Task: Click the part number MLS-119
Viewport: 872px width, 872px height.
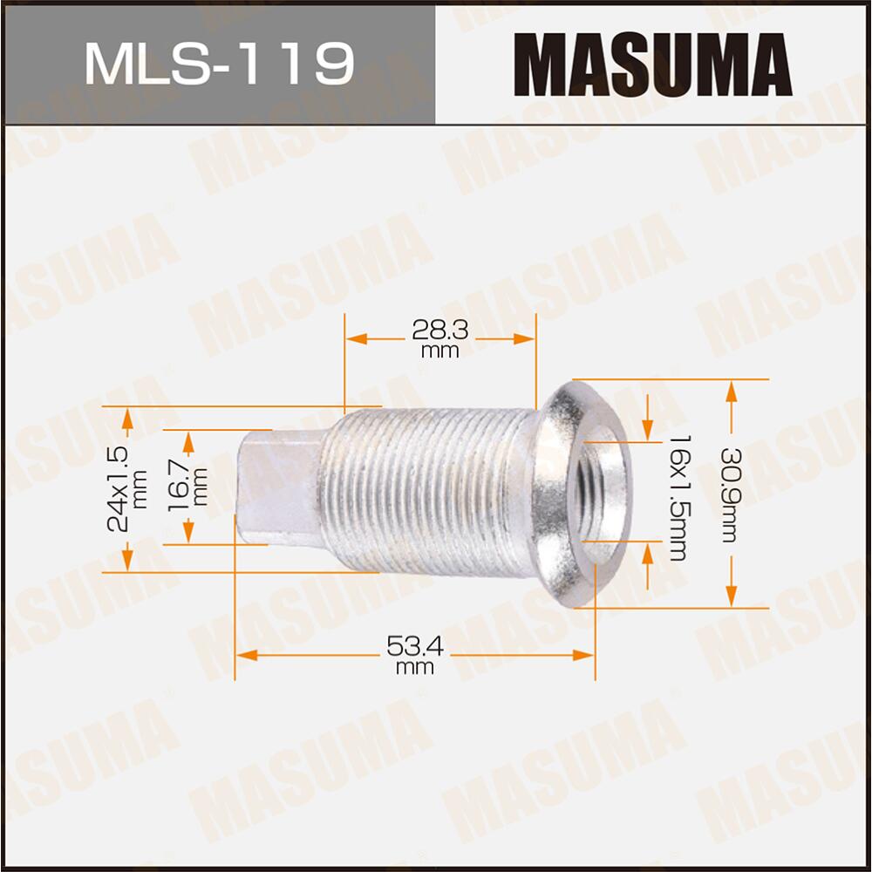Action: pyautogui.click(x=218, y=65)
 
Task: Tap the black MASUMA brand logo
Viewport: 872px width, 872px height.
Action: pyautogui.click(x=652, y=64)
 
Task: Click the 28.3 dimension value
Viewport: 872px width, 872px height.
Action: pyautogui.click(x=439, y=330)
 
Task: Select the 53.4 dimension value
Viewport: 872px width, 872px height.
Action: pyautogui.click(x=415, y=646)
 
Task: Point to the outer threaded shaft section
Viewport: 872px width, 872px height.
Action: pyautogui.click(x=427, y=494)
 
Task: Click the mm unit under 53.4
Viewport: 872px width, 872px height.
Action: pyautogui.click(x=415, y=668)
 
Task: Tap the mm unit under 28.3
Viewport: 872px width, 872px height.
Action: pyautogui.click(x=439, y=351)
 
